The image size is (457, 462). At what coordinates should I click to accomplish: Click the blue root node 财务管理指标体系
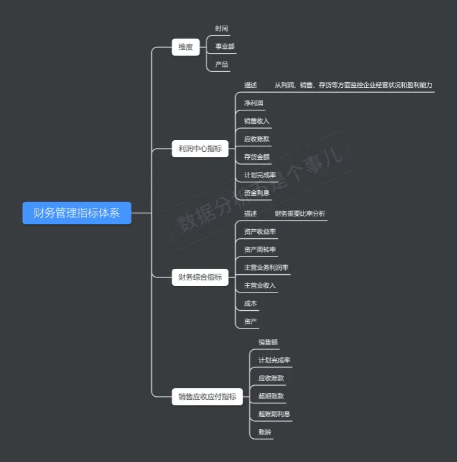click(77, 213)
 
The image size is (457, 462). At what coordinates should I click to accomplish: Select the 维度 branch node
click(186, 47)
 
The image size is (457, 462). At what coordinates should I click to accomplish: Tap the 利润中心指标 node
click(200, 149)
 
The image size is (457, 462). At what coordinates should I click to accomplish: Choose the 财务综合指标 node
click(200, 277)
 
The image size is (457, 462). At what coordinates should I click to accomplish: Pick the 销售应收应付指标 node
click(207, 397)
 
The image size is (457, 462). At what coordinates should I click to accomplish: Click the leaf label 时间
click(222, 29)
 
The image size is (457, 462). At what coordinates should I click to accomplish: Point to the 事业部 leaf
click(225, 46)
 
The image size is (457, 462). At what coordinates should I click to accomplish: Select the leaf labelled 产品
click(222, 64)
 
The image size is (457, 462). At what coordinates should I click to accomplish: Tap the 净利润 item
click(253, 103)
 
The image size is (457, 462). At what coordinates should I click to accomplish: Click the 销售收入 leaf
click(257, 121)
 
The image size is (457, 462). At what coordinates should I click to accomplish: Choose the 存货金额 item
click(257, 157)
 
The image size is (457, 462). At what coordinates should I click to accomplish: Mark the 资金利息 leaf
click(257, 193)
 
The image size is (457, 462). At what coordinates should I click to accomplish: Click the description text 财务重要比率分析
click(300, 214)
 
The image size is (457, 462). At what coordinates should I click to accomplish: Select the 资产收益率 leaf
click(260, 232)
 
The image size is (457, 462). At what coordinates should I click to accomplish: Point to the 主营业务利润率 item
click(266, 268)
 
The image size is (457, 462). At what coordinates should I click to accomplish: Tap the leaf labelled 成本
click(250, 304)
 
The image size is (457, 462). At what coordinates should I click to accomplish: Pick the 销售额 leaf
click(268, 343)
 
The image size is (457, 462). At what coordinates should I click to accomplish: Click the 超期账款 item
click(271, 396)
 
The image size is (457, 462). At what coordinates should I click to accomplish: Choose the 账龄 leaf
click(265, 432)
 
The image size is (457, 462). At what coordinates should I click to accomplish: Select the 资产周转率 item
click(260, 250)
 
